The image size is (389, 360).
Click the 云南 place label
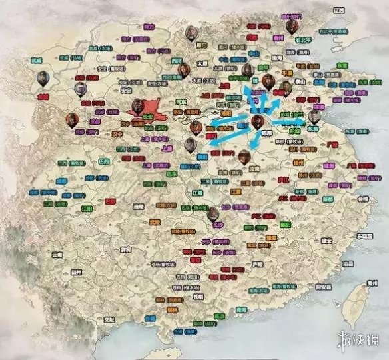pyautogui.click(x=58, y=255)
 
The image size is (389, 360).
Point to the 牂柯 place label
pyautogui.click(x=125, y=249)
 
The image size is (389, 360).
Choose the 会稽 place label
pyautogui.click(x=362, y=199)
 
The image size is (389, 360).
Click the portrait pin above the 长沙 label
pyautogui.click(x=212, y=213)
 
